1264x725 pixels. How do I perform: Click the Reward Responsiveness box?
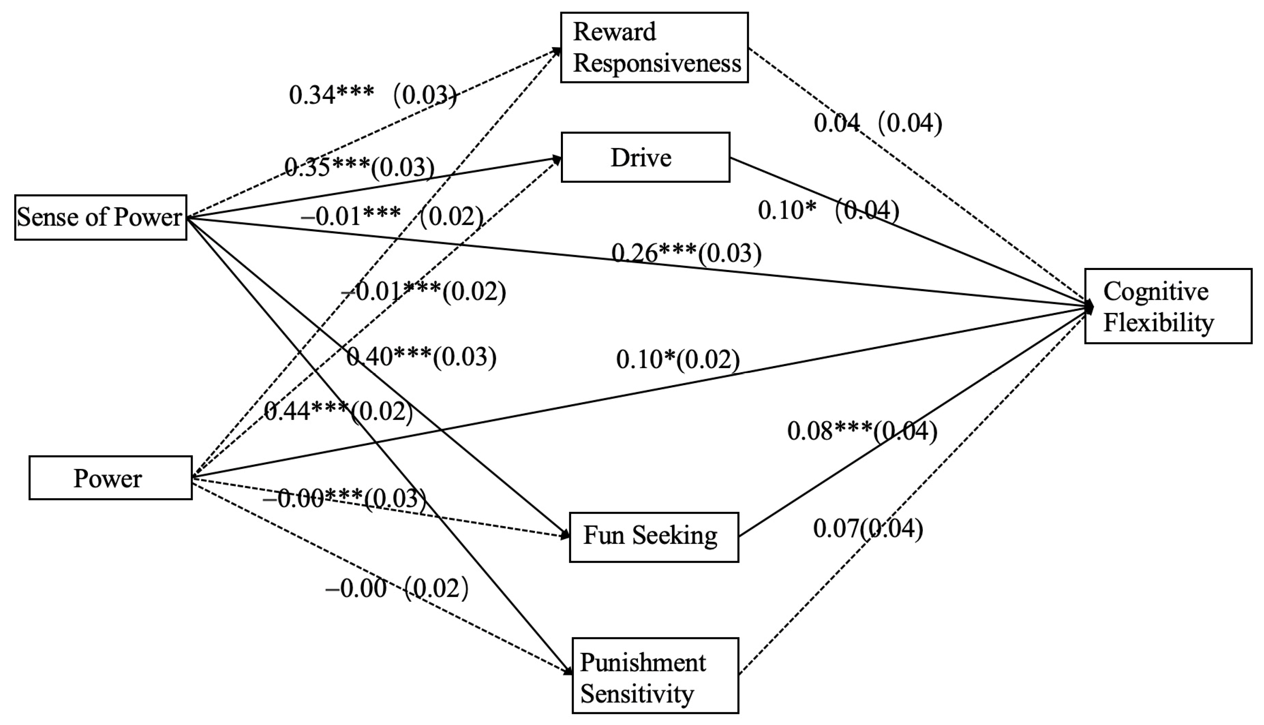[654, 47]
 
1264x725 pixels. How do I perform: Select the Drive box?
[645, 157]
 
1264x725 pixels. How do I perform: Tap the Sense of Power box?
[100, 218]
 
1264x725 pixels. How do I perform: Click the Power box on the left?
[110, 478]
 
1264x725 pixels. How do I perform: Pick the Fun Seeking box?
[653, 537]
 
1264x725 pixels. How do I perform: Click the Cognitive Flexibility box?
[1167, 306]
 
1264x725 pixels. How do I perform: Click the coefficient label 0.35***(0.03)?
[359, 167]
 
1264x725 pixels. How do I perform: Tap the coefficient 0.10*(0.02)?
[677, 359]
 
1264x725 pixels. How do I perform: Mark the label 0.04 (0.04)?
[877, 123]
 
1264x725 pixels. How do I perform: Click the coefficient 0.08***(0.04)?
[862, 431]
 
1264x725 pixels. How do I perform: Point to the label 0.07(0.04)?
[868, 528]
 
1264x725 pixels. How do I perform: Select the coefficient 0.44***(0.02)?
[338, 412]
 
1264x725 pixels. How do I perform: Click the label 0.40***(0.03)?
[421, 357]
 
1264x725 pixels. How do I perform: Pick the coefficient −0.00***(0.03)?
[344, 498]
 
